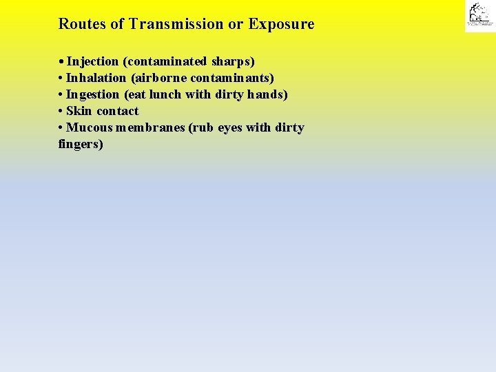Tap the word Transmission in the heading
(x=176, y=24)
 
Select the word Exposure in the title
(x=281, y=24)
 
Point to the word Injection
(x=93, y=61)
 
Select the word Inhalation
(x=96, y=78)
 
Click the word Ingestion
(x=93, y=94)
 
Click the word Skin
(x=79, y=111)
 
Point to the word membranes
(x=150, y=127)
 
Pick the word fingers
(x=81, y=145)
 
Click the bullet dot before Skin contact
(x=61, y=111)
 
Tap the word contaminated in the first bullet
(x=165, y=61)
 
